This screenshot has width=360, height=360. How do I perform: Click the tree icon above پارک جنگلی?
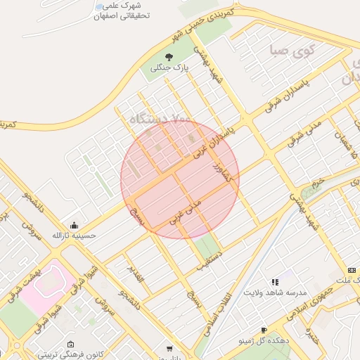tap(168, 56)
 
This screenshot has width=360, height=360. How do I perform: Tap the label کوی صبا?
tap(288, 51)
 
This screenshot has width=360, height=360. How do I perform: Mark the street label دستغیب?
tap(209, 259)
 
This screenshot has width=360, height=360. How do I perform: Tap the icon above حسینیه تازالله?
tap(74, 224)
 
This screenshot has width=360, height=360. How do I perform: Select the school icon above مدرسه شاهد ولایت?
tap(274, 281)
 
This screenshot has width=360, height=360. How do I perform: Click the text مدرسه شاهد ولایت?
tap(270, 292)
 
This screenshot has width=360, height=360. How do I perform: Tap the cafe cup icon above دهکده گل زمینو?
tap(264, 329)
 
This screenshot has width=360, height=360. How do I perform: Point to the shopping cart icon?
tap(169, 348)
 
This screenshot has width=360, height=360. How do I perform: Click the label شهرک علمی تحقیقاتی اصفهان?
tap(115, 11)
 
